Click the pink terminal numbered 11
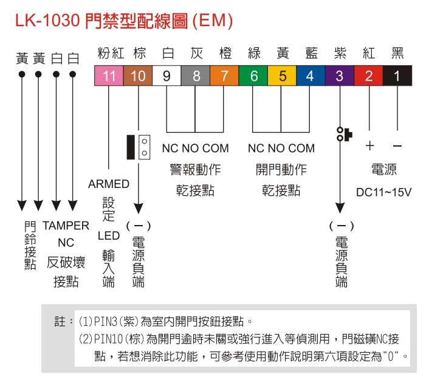(x=109, y=76)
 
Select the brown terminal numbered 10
(x=138, y=76)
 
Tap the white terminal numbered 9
(x=166, y=76)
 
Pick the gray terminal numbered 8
(x=196, y=76)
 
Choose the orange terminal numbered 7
(x=224, y=76)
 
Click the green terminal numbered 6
(x=253, y=76)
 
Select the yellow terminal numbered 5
(x=282, y=76)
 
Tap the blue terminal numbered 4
(x=311, y=76)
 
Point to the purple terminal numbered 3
(x=339, y=76)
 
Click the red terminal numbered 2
(x=368, y=76)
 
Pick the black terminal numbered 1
(x=397, y=76)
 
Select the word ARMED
(x=109, y=184)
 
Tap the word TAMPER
(x=66, y=226)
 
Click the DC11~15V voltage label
(x=383, y=192)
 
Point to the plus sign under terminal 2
(x=369, y=147)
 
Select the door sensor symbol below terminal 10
(x=138, y=147)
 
